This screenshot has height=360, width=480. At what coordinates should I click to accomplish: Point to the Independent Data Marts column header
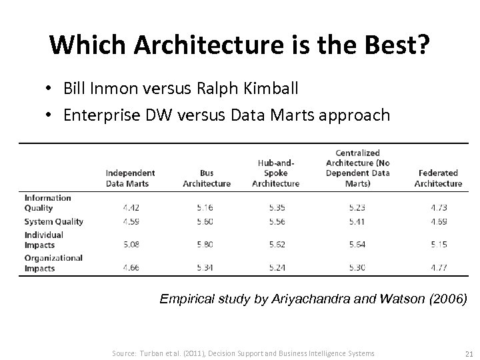point(130,178)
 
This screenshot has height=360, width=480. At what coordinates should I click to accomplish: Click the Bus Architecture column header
point(207,178)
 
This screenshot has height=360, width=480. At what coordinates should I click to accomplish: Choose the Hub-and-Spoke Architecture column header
point(276,173)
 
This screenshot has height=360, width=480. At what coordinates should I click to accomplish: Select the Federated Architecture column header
point(438,178)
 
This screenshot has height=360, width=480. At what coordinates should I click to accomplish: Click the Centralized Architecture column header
point(358,167)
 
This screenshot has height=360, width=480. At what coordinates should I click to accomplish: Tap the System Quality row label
point(54,221)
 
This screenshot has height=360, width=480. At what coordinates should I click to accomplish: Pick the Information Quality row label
point(48,203)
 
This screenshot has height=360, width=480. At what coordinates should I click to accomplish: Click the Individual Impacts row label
point(44,240)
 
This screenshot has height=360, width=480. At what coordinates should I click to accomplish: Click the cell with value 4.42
point(131,207)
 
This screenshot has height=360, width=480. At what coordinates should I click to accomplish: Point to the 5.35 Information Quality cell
point(276,207)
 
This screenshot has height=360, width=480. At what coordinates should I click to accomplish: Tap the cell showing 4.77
point(439,268)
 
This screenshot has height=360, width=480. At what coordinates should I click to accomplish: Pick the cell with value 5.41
point(357,221)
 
